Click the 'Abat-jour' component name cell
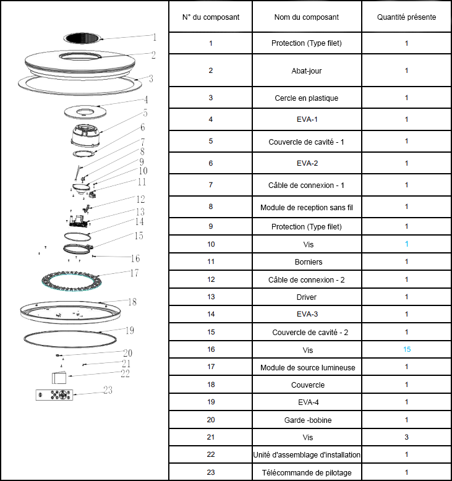[x=307, y=71]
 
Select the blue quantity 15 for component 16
[x=407, y=349]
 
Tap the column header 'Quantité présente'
[x=406, y=17]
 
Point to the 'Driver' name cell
[x=307, y=297]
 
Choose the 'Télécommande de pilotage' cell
[x=307, y=473]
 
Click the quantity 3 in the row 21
[x=407, y=437]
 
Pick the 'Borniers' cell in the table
[x=309, y=262]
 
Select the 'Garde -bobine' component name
[x=308, y=420]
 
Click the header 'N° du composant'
[x=211, y=17]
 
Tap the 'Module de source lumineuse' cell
[x=308, y=367]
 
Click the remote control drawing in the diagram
[x=54, y=395]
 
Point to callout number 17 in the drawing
[x=134, y=273]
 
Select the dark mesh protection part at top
[x=82, y=38]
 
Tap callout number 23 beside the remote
[x=108, y=390]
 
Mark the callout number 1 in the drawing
[x=155, y=38]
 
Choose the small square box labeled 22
[x=59, y=378]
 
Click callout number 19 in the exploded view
[x=130, y=330]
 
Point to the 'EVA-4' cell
[x=309, y=402]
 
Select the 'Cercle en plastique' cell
[x=307, y=98]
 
